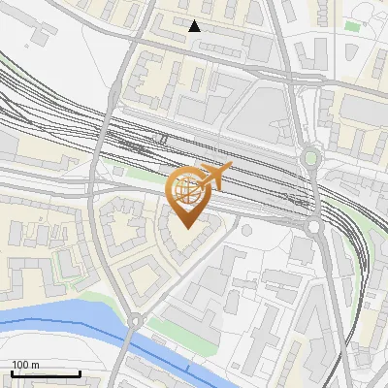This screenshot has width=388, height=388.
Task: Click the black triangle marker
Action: tap(195, 26)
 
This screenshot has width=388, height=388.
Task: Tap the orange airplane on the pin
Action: tap(214, 176)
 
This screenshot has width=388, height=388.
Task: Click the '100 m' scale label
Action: tap(25, 365)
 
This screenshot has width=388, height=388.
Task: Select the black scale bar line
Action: tap(46, 373)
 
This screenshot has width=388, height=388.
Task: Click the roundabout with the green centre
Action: tap(309, 157)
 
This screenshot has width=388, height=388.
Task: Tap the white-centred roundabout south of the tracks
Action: tap(314, 227)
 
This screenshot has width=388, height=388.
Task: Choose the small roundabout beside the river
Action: tap(136, 321)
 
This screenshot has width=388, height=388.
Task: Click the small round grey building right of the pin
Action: tap(246, 230)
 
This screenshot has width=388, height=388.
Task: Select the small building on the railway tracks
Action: tap(163, 139)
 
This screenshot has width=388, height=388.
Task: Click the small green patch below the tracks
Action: tap(118, 171)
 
